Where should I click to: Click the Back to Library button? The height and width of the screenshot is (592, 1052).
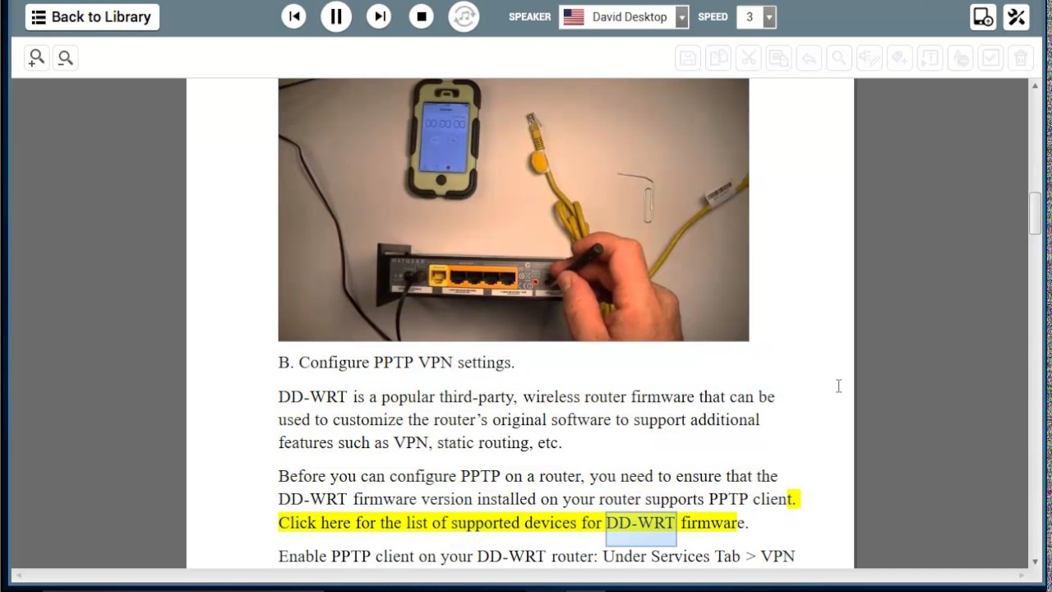point(92,17)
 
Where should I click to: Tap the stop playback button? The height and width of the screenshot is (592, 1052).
point(422,17)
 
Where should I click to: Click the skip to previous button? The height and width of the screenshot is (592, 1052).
point(293,17)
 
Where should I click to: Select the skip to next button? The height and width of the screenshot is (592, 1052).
point(379,17)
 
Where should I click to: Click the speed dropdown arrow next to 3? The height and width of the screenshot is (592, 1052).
point(768,17)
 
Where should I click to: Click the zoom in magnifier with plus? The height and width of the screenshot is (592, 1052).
point(37,58)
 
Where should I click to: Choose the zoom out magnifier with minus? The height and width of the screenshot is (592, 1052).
point(65,58)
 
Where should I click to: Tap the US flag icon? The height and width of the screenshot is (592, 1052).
point(574,17)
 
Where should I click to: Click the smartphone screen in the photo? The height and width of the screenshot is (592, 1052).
point(445,137)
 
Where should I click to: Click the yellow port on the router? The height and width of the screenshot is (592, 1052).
point(438,275)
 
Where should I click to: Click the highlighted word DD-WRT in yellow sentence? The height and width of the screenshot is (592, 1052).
point(640,522)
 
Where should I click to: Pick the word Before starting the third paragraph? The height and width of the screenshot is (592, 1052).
point(302,476)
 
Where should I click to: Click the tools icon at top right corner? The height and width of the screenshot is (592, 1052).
point(1017,17)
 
